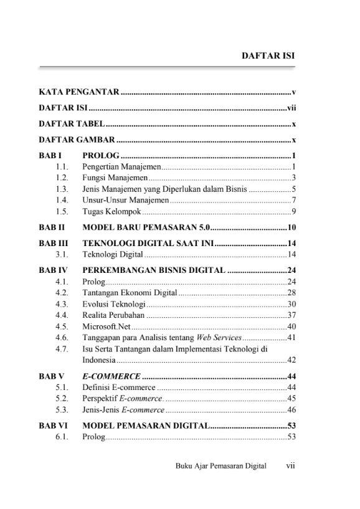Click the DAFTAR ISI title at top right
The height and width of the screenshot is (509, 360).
point(268,55)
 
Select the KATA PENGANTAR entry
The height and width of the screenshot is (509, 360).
point(78,92)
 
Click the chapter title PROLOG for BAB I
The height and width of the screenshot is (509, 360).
point(101,156)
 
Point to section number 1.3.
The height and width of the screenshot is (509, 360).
point(61,189)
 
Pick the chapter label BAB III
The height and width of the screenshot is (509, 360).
point(52,244)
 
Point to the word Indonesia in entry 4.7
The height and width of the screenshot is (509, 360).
point(100,360)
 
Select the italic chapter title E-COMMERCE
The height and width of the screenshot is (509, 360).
point(111,376)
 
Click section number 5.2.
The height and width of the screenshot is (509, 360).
point(61,398)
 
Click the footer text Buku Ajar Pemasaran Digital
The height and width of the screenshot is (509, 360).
point(220,465)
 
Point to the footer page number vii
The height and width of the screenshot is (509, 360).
point(290,465)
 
